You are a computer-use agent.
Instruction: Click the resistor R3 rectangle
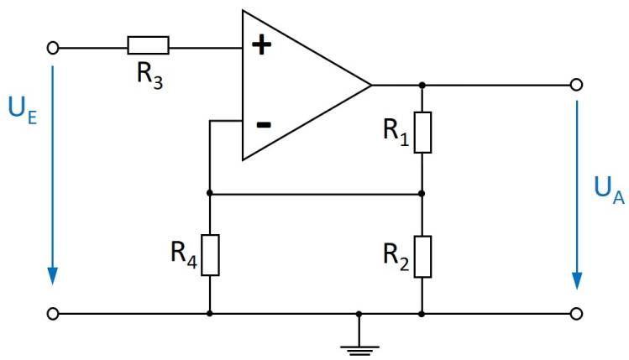(148, 46)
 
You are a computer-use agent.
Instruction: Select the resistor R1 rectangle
(422, 132)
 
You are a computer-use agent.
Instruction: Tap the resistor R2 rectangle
(422, 256)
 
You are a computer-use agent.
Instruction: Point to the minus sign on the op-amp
(263, 124)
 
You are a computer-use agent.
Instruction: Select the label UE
(23, 110)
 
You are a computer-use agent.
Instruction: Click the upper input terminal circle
(54, 48)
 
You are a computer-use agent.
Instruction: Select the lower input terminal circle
(54, 314)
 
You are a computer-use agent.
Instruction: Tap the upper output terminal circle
(576, 85)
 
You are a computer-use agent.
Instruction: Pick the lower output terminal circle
(576, 314)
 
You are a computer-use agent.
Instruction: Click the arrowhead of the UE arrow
(53, 276)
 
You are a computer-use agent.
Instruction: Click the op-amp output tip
(370, 85)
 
